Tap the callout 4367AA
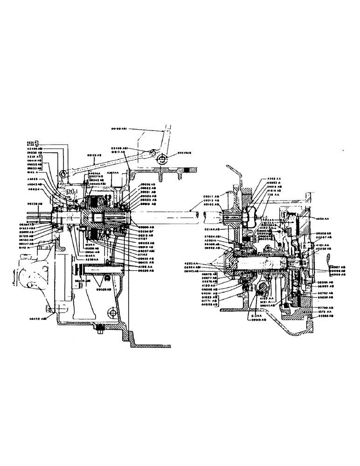click(113, 173)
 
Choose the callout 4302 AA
click(275, 178)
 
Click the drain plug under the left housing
click(99, 329)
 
